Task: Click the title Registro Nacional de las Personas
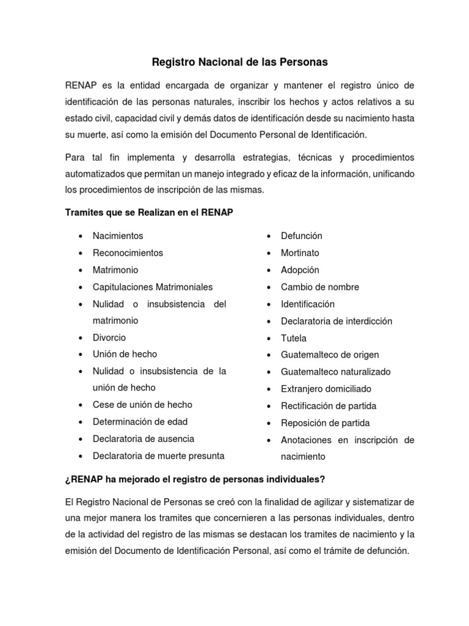coord(239,62)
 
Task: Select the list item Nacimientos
coord(118,235)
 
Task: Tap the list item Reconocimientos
coord(128,252)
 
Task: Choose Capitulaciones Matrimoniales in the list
coord(153,287)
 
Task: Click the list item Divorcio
coord(109,337)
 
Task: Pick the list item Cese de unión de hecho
coord(142,405)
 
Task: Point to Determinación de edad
coord(140,422)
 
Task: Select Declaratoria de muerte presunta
coord(158,455)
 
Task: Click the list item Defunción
coord(302,235)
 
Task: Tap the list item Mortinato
coord(300,252)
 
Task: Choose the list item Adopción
coord(300,270)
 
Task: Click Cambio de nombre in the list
coord(320,287)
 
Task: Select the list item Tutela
coord(294,338)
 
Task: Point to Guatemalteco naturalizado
coord(336,372)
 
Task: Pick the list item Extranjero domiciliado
coord(326,389)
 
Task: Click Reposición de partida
coord(325,423)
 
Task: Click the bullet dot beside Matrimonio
coord(81,270)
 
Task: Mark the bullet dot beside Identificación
coord(269,304)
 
